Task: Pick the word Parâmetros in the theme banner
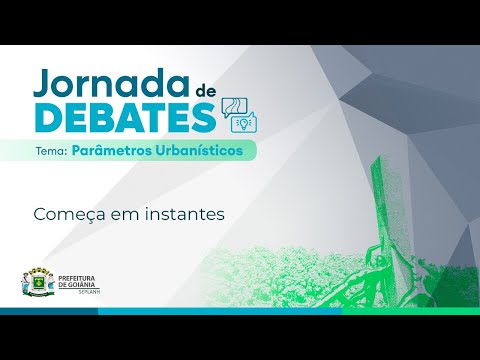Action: tap(113, 151)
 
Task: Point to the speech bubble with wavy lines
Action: tap(235, 107)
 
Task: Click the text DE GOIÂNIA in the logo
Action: tap(79, 284)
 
